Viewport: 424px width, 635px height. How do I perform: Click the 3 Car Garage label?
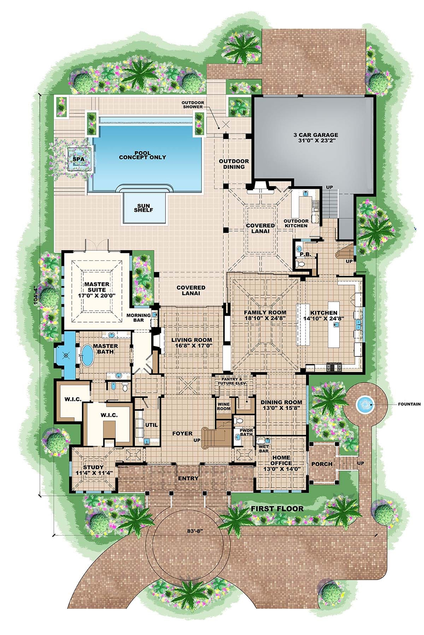(x=315, y=138)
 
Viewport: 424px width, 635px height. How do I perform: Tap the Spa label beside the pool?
(x=78, y=159)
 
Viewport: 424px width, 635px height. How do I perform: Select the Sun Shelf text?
(x=143, y=208)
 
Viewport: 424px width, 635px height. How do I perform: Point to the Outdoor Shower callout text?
(x=192, y=105)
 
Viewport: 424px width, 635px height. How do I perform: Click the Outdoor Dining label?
(x=234, y=164)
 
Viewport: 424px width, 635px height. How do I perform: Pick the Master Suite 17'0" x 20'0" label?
(x=97, y=290)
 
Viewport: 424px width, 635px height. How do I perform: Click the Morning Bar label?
(x=138, y=317)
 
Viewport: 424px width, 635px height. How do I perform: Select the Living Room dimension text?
(x=192, y=345)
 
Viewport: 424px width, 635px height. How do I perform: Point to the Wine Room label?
(x=223, y=406)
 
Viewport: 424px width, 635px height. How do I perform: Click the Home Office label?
(x=282, y=463)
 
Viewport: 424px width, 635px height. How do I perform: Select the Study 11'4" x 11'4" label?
(x=93, y=470)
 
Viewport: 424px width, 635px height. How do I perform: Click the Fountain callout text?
(x=409, y=404)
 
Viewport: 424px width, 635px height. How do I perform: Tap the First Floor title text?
(x=277, y=508)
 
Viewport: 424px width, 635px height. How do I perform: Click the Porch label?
(x=322, y=464)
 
